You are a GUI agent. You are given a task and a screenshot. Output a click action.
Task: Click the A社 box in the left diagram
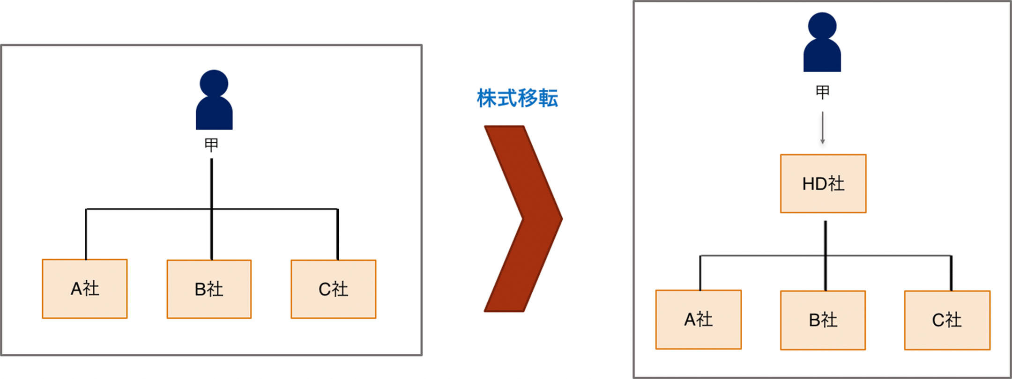click(85, 289)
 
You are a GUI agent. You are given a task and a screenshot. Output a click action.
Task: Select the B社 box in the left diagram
click(209, 289)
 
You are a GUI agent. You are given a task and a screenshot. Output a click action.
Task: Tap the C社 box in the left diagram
click(333, 289)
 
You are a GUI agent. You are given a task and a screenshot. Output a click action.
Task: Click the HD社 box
click(823, 183)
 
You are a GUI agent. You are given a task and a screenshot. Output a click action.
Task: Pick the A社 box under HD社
click(699, 320)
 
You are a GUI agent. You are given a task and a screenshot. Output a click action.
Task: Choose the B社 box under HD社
click(823, 320)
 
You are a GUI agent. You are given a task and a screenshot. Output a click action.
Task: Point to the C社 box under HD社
click(947, 320)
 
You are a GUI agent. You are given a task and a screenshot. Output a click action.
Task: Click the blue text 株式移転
click(517, 98)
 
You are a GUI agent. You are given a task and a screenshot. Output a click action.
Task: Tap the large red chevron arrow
click(523, 219)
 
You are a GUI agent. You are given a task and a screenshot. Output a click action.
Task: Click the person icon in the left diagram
click(214, 100)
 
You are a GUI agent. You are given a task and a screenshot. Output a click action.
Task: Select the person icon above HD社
click(822, 42)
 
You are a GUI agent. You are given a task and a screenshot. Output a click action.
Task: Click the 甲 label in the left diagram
click(211, 145)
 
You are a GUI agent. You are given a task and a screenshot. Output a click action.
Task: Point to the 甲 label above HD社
click(822, 92)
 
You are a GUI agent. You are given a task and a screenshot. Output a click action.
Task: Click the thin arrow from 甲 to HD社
click(822, 128)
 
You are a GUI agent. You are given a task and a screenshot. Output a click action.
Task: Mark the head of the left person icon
click(214, 84)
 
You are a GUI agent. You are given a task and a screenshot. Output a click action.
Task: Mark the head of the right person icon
click(822, 26)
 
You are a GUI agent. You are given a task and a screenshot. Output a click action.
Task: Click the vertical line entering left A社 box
click(86, 234)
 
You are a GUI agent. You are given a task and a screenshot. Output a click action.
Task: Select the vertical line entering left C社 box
click(338, 234)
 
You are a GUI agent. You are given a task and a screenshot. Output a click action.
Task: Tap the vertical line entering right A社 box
click(700, 273)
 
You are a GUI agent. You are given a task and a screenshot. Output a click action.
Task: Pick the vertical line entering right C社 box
click(951, 273)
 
